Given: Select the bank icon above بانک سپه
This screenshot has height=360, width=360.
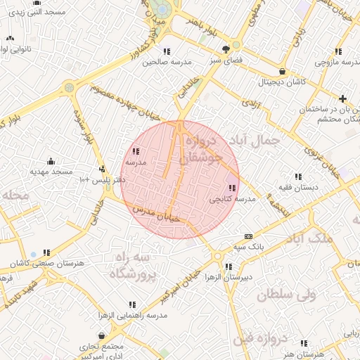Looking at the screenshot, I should [x=248, y=236].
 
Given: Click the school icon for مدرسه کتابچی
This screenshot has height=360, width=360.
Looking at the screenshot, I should [x=232, y=188].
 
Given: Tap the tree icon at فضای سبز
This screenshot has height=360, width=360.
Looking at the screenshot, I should [x=226, y=49].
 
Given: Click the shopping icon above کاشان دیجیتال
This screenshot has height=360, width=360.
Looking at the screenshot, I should [x=282, y=71].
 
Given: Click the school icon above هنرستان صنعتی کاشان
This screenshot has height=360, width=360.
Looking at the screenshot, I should [x=46, y=252].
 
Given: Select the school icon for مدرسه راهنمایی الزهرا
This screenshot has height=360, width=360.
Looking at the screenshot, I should [x=131, y=305].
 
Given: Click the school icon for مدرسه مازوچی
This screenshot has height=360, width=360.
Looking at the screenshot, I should [x=338, y=51].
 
